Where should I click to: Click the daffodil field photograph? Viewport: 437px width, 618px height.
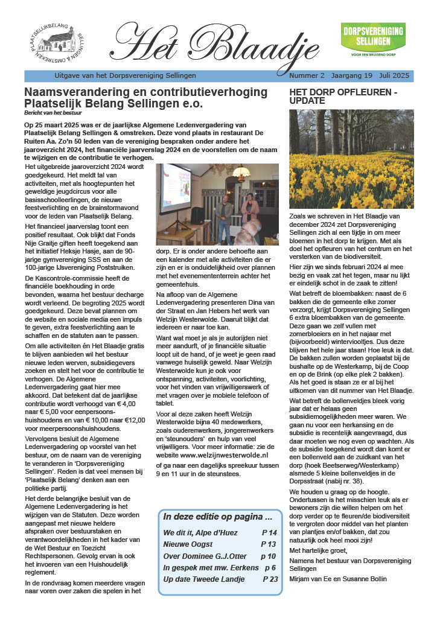pos(351,159)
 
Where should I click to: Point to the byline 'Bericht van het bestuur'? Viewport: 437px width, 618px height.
pos(53,113)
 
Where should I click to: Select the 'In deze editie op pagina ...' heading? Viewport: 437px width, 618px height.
pos(218,517)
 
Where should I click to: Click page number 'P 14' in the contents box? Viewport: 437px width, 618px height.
pos(269,533)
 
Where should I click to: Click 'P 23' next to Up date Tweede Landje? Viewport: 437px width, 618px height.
pos(270,579)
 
